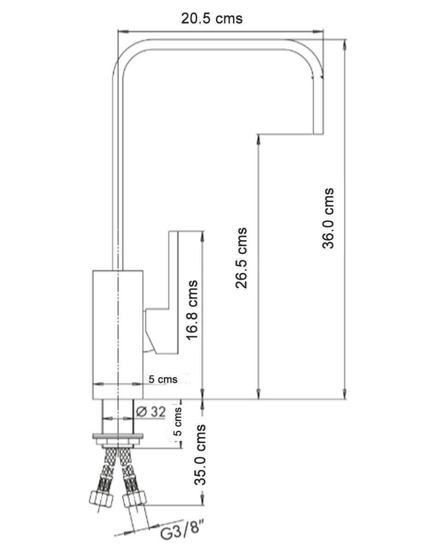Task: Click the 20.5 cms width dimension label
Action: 211,19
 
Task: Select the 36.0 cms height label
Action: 328,219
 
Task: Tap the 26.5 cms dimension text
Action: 241,258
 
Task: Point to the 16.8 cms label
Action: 192,310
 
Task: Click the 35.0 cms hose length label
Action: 200,455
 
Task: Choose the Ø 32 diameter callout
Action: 151,412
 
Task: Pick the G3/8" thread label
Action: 181,527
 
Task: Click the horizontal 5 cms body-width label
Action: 163,379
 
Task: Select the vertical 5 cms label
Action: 178,421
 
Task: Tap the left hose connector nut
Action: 101,500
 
